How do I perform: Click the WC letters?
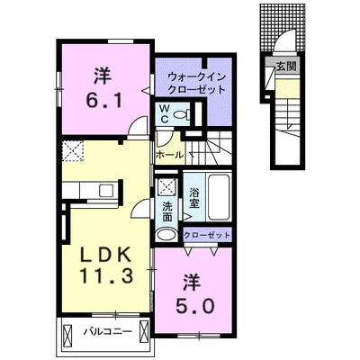(166, 113)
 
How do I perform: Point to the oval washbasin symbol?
(166, 235)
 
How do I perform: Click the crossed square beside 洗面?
(166, 189)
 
